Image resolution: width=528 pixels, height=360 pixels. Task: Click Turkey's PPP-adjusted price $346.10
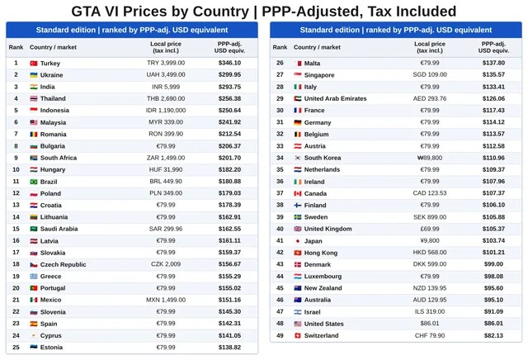tap(229, 63)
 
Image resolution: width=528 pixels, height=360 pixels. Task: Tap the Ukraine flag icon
tap(34, 75)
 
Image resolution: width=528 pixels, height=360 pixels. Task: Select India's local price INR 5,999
tap(166, 87)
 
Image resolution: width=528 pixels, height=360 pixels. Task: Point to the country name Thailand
tap(53, 98)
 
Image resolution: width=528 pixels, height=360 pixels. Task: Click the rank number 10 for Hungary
tap(16, 169)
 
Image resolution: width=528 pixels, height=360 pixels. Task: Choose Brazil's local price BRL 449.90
tap(166, 182)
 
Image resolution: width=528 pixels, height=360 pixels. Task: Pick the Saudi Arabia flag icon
tap(34, 229)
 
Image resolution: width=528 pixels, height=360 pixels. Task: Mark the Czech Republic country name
tap(63, 264)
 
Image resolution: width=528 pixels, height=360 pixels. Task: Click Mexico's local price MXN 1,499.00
tap(166, 300)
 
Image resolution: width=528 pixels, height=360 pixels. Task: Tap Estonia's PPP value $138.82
tap(229, 347)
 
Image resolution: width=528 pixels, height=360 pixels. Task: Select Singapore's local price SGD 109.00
tap(430, 75)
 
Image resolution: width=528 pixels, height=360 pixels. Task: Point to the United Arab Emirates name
tap(336, 98)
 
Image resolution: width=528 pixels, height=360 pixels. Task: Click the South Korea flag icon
tap(298, 158)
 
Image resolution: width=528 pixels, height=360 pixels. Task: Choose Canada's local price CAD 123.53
tap(430, 193)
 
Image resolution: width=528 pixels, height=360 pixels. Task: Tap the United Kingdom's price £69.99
tap(430, 229)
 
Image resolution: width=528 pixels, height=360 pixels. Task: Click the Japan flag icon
tap(298, 241)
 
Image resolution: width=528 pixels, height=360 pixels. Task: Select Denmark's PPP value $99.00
tap(493, 264)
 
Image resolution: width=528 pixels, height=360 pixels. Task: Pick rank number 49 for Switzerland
tap(280, 335)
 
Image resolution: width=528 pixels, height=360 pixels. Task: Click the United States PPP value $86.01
tap(493, 324)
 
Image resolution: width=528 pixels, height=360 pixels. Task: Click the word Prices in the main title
tap(145, 12)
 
